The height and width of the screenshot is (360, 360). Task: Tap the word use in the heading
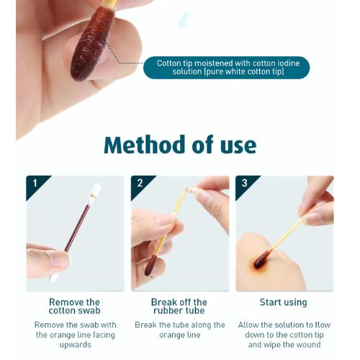[x=235, y=145]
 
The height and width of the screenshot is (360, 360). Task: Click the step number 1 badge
[x=34, y=184]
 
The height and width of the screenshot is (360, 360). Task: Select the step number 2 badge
[x=139, y=184]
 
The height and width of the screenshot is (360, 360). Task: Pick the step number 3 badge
[x=244, y=184]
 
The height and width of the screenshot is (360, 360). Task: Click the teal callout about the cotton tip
[x=226, y=68]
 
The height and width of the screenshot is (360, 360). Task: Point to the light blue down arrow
[x=184, y=19]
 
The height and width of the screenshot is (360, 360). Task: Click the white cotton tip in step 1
[x=96, y=192]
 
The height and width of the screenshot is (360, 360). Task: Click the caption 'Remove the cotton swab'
[x=74, y=306]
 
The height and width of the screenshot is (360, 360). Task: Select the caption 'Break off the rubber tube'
[x=179, y=306]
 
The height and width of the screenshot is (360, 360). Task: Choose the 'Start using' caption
[x=283, y=302]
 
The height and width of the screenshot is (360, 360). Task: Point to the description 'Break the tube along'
[x=179, y=330]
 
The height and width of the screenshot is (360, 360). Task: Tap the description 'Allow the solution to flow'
[x=283, y=334]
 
